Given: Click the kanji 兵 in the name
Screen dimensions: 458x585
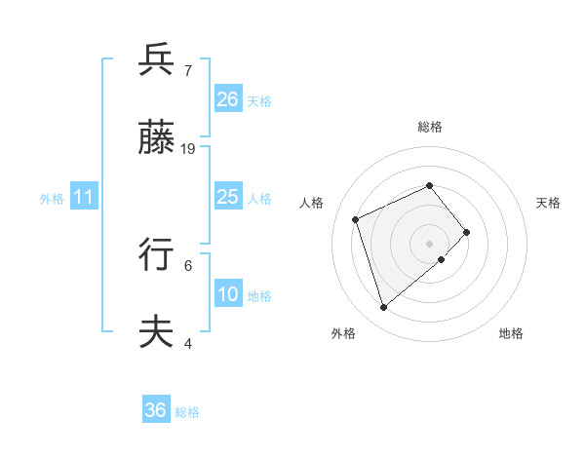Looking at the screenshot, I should point(156,59).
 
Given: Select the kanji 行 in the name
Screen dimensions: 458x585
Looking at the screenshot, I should point(156,253).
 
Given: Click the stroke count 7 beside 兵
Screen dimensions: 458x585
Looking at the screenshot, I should point(188,71).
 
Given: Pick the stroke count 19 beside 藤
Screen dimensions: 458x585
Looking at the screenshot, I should point(188,149).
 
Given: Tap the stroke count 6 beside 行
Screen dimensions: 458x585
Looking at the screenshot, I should point(188,264).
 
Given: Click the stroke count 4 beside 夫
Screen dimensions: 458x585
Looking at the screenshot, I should point(188,343).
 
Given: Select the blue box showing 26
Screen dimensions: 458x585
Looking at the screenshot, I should point(228,99).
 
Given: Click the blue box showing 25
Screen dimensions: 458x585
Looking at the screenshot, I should point(228,197).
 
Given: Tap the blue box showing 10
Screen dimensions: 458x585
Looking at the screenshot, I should point(228,294).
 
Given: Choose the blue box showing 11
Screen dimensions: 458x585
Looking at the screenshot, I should point(84,197).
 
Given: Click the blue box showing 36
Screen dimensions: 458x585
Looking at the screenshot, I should point(156,410).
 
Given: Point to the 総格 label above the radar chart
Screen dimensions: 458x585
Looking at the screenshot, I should point(430,127).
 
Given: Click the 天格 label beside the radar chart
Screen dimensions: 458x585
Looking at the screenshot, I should point(549,203).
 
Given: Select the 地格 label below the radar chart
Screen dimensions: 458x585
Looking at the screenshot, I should point(511,333).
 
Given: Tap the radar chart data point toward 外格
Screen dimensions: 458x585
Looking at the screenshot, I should point(384,308).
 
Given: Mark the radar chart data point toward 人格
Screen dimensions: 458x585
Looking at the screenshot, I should point(356,219).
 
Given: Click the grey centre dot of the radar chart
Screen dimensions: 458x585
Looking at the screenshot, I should point(430,243).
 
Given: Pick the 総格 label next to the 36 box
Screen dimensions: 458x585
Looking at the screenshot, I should point(187,412).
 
